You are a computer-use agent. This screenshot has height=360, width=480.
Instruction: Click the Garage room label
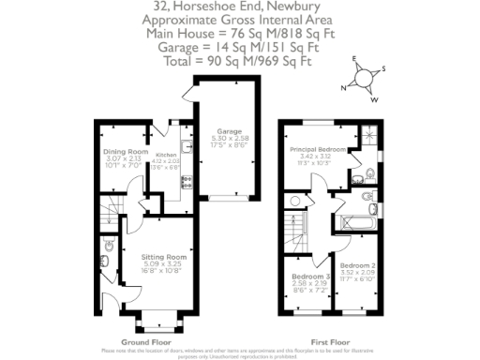coord(230,131)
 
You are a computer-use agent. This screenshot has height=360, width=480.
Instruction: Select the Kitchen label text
coord(166,155)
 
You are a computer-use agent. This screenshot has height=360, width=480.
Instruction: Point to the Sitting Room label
coord(164,256)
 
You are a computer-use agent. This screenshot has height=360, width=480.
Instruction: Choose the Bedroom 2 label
coord(357,266)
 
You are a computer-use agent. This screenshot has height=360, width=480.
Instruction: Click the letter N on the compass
coord(344,87)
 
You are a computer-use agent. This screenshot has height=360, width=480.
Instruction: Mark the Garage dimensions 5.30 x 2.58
coord(230,139)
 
